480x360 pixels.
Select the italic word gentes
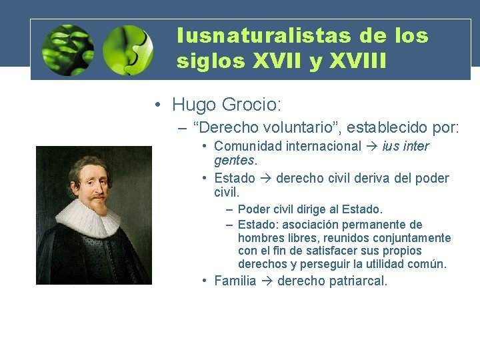tap(235, 161)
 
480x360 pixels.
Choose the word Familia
tap(235, 281)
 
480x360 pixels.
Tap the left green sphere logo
tap(67, 50)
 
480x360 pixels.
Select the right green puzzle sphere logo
tap(128, 50)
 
